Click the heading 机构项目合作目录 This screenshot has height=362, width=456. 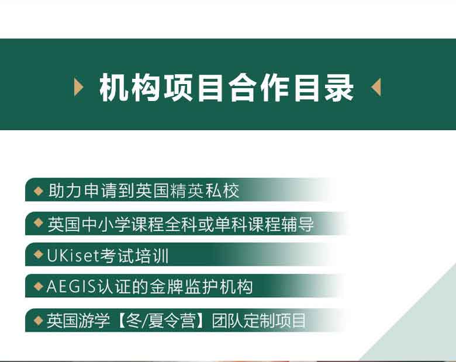coord(227,88)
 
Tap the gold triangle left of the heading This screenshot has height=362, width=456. coord(78,87)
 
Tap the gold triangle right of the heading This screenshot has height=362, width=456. coord(376,87)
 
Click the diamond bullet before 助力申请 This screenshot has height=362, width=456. coord(39,191)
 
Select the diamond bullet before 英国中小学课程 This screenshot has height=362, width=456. coord(39,223)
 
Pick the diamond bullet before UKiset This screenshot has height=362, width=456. coord(39,255)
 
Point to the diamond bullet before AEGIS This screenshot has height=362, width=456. coord(39,287)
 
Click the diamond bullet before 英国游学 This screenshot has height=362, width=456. coord(39,321)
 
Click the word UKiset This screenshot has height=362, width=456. coord(73,256)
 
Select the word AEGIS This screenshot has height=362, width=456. coord(71,287)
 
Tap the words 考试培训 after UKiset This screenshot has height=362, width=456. coord(134,256)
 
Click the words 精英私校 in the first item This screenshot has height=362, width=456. coord(205,190)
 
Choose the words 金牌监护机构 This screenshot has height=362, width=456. coord(201,287)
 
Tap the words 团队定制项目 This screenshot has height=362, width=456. coord(259,321)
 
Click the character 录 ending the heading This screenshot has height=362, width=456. coord(339,88)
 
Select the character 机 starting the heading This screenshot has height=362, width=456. coord(114,88)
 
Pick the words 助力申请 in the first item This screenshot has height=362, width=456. coord(83,190)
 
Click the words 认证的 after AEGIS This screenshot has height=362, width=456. coord(123,287)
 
